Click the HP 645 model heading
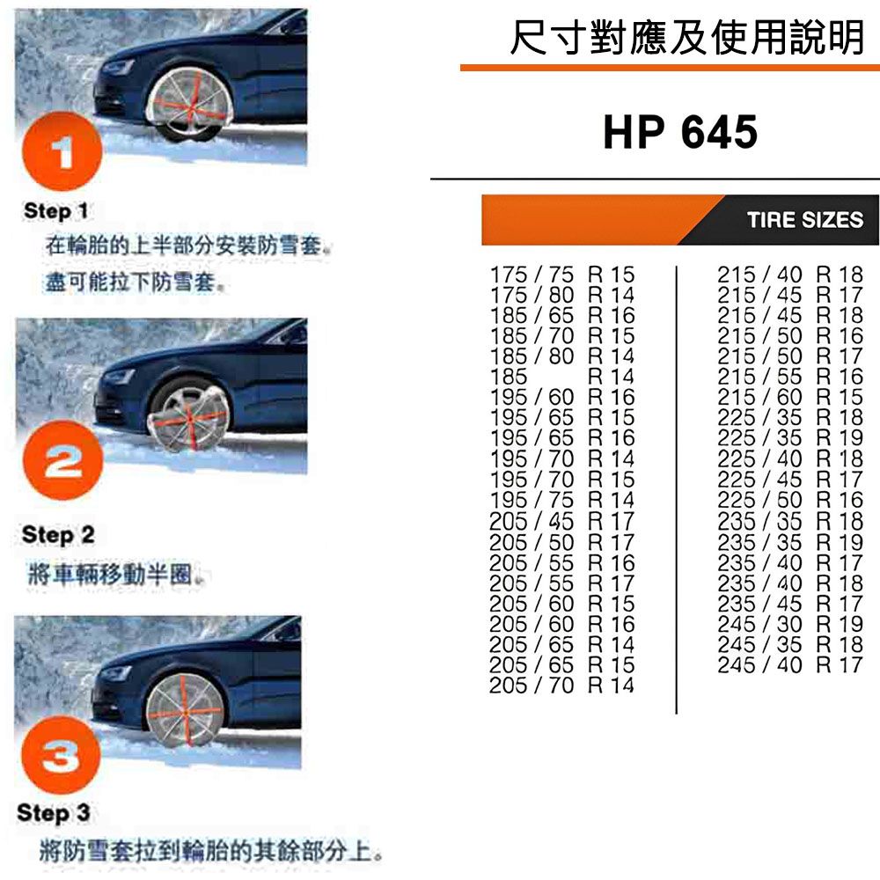[680, 132]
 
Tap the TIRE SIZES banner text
[805, 219]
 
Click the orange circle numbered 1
[62, 151]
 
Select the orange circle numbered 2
[62, 460]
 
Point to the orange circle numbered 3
[61, 754]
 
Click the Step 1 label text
[55, 211]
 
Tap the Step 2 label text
[58, 535]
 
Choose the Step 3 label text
[54, 812]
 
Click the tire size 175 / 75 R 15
[562, 275]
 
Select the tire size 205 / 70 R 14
[561, 686]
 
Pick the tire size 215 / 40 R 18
[790, 275]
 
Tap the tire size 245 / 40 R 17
[790, 665]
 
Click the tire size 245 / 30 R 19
[790, 624]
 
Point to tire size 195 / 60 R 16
[562, 398]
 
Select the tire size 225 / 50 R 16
[790, 500]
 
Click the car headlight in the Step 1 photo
[117, 69]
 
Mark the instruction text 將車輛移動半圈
[111, 574]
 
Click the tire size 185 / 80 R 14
[562, 356]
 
